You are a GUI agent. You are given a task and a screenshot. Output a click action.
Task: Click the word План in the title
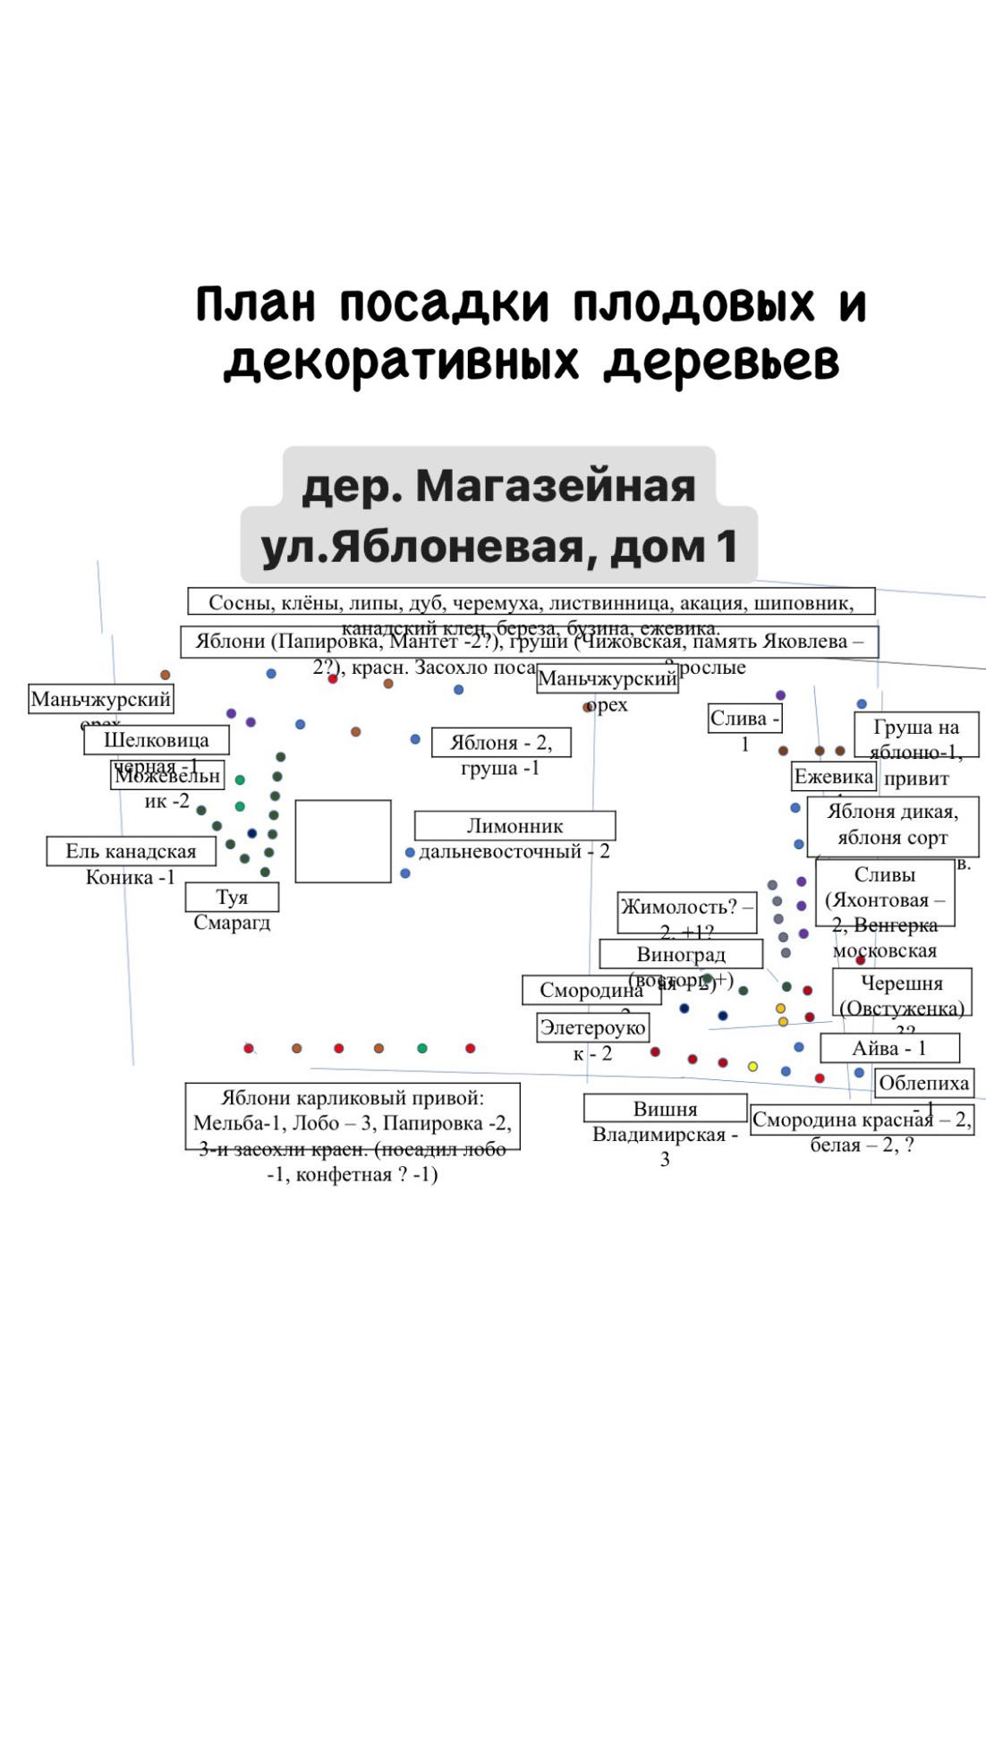pos(256,305)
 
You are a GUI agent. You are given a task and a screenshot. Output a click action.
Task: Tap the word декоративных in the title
pos(400,362)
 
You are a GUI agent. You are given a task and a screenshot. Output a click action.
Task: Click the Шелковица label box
pos(157,740)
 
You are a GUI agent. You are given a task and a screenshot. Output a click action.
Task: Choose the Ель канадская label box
pos(132,851)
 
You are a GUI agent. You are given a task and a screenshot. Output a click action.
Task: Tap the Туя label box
pos(232,897)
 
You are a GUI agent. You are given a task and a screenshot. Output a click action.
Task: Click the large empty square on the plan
pos(344,841)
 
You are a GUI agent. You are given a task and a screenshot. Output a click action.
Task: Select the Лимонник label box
pos(514,825)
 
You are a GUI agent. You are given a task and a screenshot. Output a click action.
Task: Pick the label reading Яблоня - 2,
pos(501,743)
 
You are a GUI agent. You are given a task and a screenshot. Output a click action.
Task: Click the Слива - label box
pos(745,719)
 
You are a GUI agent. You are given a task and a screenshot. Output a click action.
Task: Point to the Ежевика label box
pos(834,777)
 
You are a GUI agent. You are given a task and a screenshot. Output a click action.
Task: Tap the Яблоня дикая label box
pos(892,825)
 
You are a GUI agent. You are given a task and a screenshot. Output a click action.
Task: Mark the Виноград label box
pos(681,954)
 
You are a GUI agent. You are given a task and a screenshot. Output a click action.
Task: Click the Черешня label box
pos(902,992)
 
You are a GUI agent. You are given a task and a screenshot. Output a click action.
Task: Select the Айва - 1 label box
pos(889,1048)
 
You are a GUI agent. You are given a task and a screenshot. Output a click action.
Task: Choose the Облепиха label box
pos(923,1083)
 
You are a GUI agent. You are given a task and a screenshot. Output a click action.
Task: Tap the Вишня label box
pos(665,1108)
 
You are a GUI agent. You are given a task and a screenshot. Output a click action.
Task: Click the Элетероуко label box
pos(592,1027)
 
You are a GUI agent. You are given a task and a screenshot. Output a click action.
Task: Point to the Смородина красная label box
pos(862,1120)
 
